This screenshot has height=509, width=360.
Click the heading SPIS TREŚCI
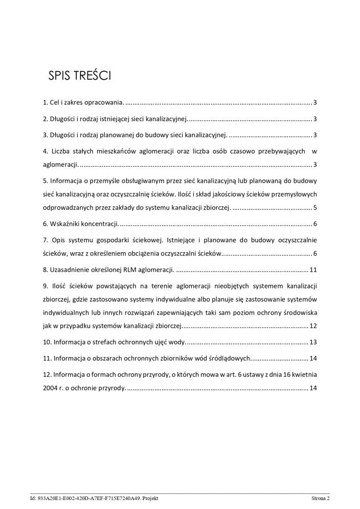tap(80, 76)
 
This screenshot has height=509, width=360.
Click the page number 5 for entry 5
tap(315, 208)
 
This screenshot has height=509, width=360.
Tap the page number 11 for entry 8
tap(313, 270)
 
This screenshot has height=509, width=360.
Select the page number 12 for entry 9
tap(313, 326)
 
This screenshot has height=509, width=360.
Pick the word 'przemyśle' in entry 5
tap(100, 181)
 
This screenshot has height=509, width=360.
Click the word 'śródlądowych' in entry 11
tap(229, 359)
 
